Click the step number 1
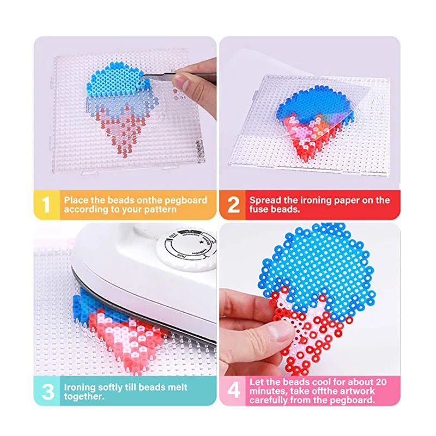pos(46,204)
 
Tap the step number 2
pos(233,204)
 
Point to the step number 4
pos(233,391)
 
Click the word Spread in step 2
pos(265,200)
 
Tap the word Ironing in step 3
pos(81,387)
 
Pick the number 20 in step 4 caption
pos(380,382)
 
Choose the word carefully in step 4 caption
pos(270,400)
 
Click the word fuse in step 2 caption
pos(259,209)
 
